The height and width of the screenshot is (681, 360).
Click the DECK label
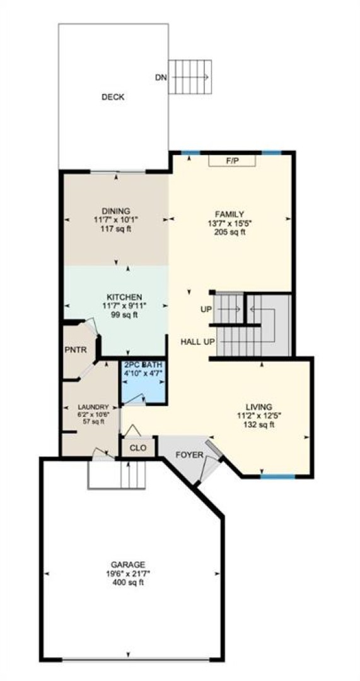pyautogui.click(x=113, y=97)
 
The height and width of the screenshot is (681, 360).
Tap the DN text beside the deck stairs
pyautogui.click(x=161, y=78)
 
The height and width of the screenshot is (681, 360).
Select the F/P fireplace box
pyautogui.click(x=232, y=161)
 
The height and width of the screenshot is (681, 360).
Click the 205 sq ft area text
pyautogui.click(x=229, y=232)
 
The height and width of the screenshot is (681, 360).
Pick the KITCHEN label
pyautogui.click(x=124, y=297)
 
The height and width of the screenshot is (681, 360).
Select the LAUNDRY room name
pyautogui.click(x=93, y=407)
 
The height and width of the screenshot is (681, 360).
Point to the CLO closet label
pyautogui.click(x=138, y=448)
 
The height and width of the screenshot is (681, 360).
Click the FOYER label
pyautogui.click(x=189, y=455)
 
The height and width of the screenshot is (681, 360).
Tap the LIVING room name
pyautogui.click(x=259, y=407)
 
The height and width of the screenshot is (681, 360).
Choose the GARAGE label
pyautogui.click(x=127, y=564)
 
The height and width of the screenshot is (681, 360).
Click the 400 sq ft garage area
pyautogui.click(x=127, y=582)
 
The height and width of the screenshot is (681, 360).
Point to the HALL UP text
pyautogui.click(x=197, y=342)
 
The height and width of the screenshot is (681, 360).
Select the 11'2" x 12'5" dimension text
pyautogui.click(x=259, y=416)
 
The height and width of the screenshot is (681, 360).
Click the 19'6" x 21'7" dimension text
pyautogui.click(x=127, y=573)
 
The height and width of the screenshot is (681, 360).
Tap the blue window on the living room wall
pyautogui.click(x=277, y=477)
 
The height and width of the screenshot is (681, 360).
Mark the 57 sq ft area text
pyautogui.click(x=93, y=421)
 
